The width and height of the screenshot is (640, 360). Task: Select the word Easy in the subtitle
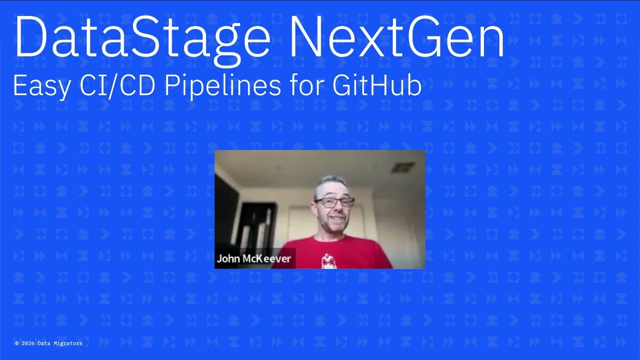(40, 85)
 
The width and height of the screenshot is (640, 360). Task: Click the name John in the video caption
(228, 259)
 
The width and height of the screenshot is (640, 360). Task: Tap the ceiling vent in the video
(402, 167)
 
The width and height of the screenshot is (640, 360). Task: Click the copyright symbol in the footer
(17, 343)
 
